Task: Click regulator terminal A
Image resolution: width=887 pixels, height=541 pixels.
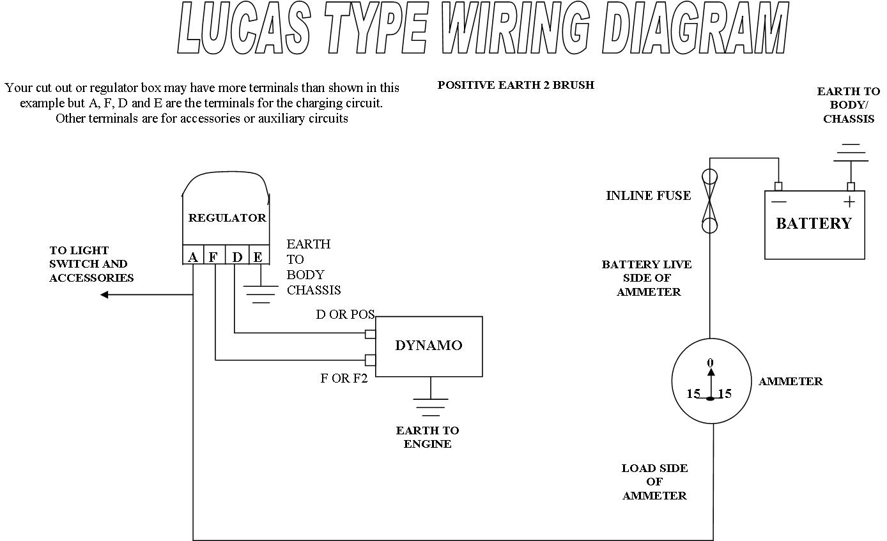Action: tap(193, 257)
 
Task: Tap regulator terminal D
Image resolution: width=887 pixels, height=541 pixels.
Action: tap(237, 257)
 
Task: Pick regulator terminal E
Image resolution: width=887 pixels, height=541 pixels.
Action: tap(258, 257)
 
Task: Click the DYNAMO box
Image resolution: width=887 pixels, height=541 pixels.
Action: tap(428, 346)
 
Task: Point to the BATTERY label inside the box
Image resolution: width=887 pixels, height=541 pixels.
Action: tap(814, 224)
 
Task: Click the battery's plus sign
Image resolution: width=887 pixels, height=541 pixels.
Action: tap(849, 202)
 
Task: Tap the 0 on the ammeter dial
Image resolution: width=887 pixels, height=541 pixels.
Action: tap(711, 363)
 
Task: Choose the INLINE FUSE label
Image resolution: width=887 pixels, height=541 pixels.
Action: tap(648, 195)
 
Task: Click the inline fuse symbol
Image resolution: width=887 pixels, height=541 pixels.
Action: tap(709, 201)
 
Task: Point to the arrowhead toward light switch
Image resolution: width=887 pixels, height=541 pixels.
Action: tap(105, 294)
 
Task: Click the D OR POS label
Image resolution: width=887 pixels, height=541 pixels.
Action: tap(345, 314)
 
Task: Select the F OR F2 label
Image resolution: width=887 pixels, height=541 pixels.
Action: tap(344, 378)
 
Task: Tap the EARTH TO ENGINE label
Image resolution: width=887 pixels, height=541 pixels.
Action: tap(428, 437)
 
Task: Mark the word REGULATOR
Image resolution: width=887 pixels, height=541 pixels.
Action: tap(227, 218)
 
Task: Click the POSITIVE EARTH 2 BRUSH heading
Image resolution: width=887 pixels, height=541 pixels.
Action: tap(516, 85)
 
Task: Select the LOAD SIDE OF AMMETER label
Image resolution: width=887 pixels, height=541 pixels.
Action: tap(654, 482)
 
